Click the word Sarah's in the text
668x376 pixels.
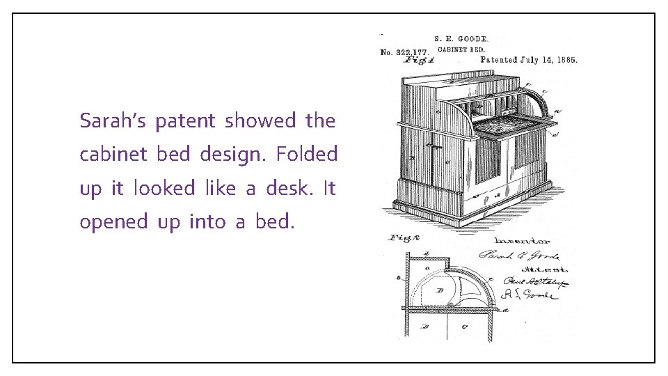click(113, 121)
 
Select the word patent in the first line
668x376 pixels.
click(185, 121)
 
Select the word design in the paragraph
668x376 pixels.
click(232, 154)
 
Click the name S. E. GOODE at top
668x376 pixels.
click(461, 40)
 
